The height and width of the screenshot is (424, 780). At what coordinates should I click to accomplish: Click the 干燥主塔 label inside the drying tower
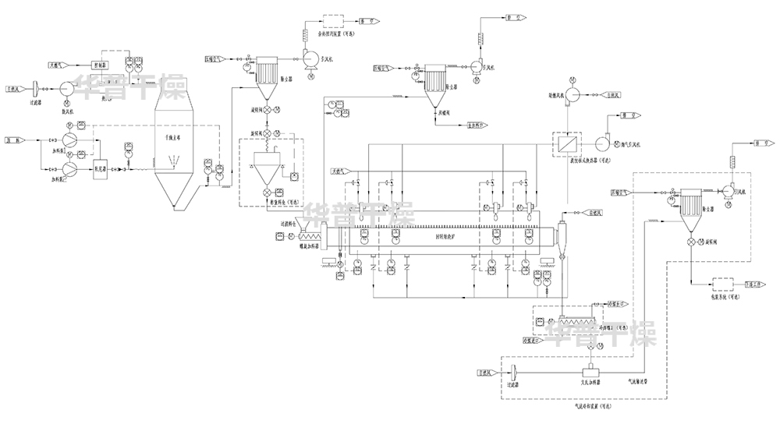coord(172,136)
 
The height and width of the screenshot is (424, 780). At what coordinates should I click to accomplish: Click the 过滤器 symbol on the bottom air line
coord(516,374)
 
